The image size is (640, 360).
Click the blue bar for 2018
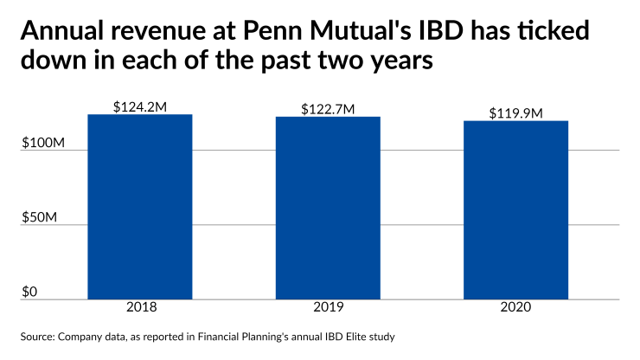tap(139, 207)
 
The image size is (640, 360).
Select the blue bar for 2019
tap(328, 208)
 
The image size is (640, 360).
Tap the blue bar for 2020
tap(515, 209)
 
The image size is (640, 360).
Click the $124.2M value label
tap(139, 106)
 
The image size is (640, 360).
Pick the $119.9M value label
tap(515, 112)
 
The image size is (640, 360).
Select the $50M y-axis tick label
tap(42, 216)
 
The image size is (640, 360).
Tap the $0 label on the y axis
tap(30, 292)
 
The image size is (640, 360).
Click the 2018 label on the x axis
tap(139, 308)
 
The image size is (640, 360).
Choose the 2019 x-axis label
tap(328, 308)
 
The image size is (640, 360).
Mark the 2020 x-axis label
tap(515, 308)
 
